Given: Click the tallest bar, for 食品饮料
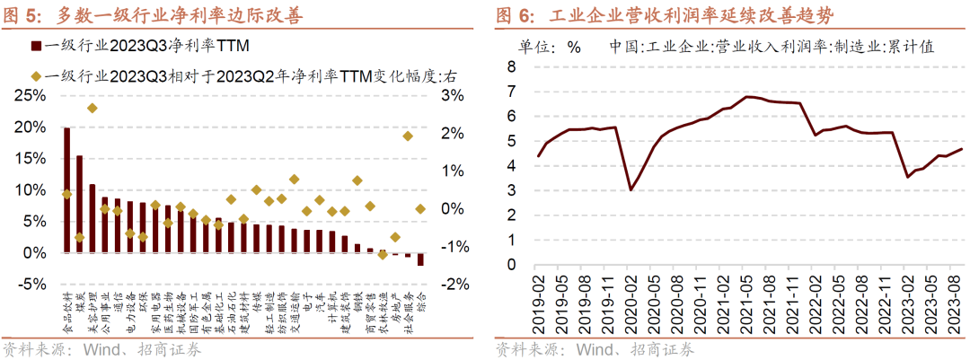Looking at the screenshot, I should (66, 190).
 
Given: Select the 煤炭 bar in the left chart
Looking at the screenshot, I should (79, 205).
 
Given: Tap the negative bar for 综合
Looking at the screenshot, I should (420, 259).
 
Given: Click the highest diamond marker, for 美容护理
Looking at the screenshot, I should (92, 108).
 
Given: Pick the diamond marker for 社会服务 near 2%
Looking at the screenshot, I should (407, 136).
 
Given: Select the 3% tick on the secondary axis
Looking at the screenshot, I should (452, 96).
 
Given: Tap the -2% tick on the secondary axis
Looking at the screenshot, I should (452, 285).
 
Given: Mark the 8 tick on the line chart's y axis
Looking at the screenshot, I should (511, 66).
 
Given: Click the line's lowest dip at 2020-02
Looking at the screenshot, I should (631, 189).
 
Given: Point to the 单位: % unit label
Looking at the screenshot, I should (549, 47).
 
